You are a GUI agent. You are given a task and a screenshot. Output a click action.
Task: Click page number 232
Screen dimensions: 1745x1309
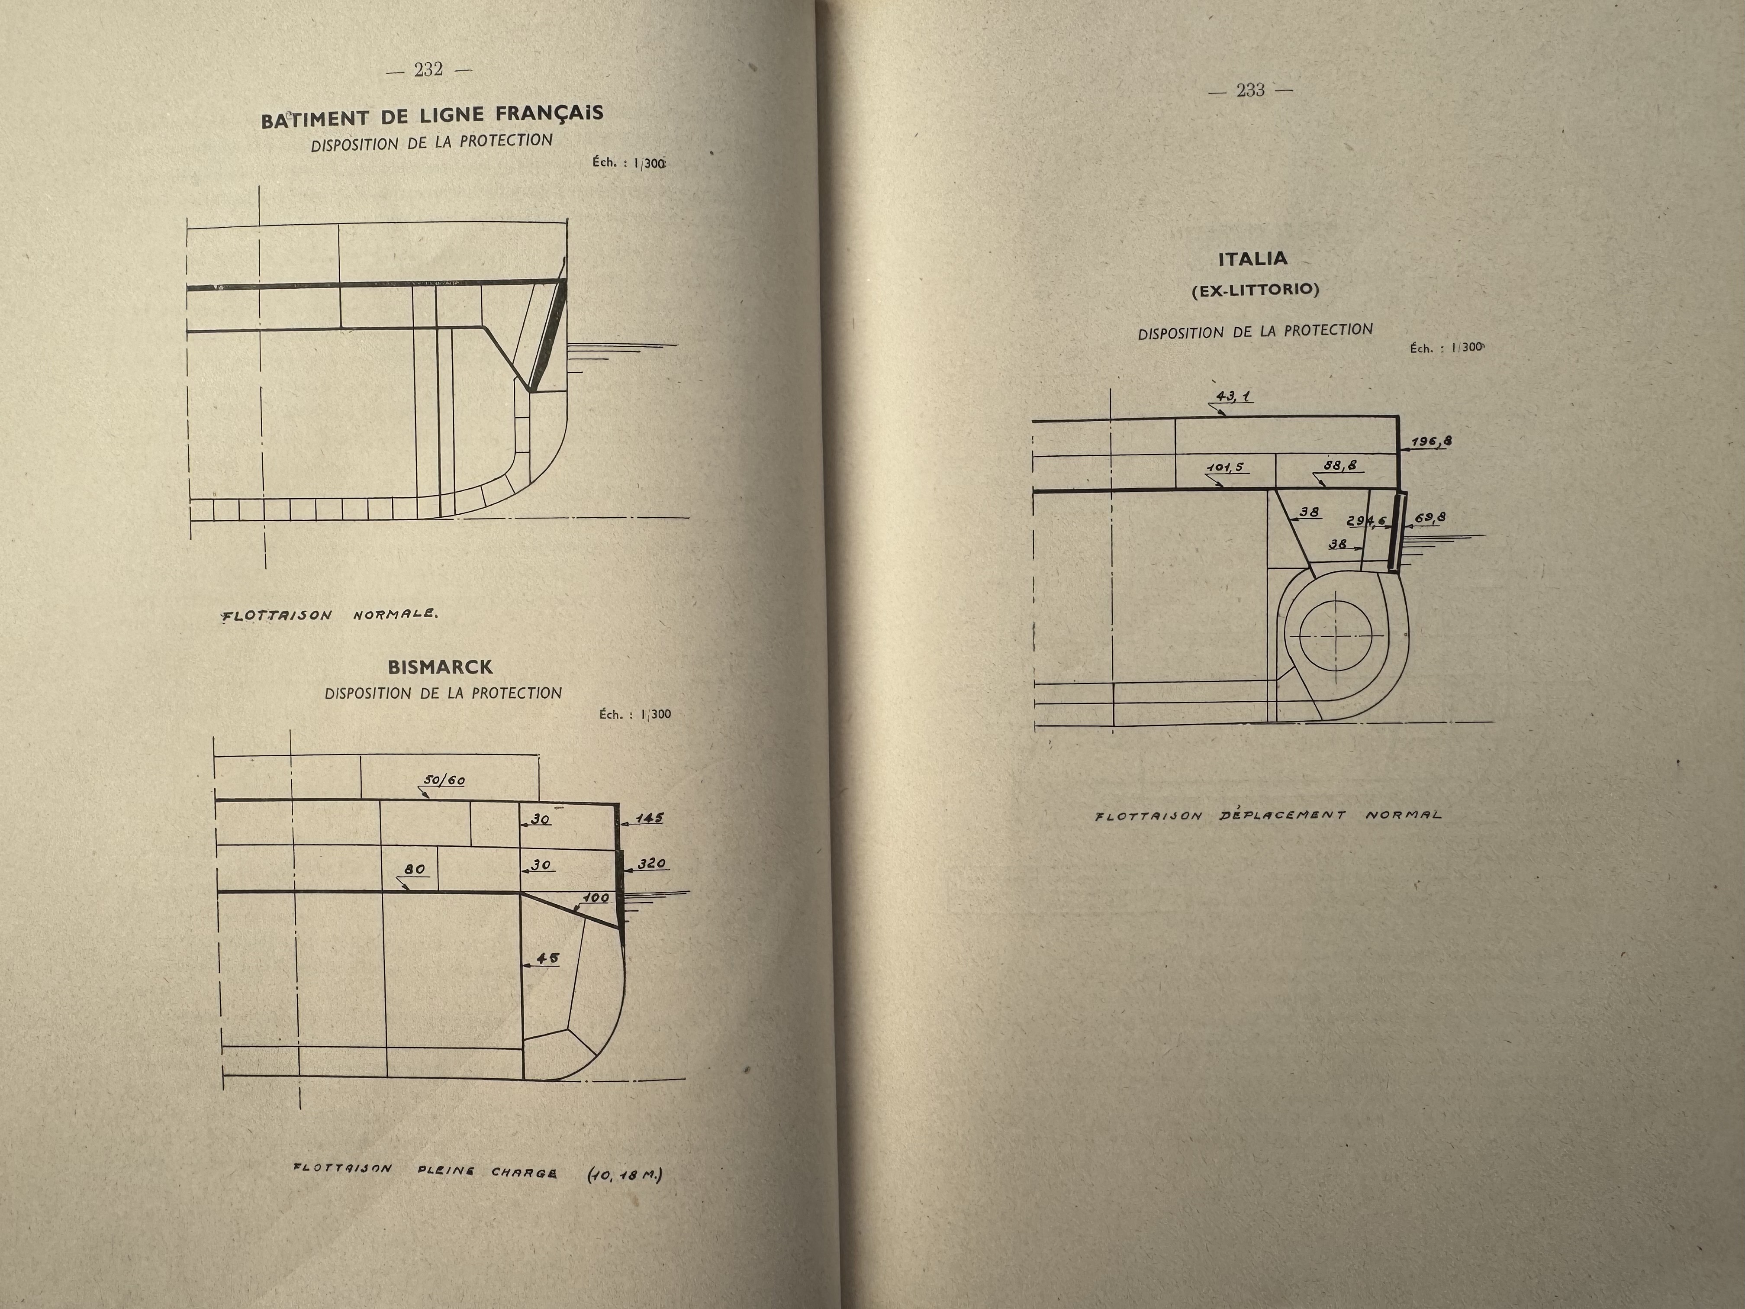coord(428,69)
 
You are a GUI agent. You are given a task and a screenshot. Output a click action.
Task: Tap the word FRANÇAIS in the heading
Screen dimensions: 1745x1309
coord(549,113)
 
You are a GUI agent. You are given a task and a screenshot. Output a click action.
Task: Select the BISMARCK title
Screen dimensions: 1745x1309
coord(440,667)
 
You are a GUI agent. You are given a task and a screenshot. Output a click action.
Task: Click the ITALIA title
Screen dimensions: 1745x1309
coord(1253,259)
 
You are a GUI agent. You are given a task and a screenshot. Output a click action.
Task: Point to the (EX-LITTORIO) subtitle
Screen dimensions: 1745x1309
coord(1255,290)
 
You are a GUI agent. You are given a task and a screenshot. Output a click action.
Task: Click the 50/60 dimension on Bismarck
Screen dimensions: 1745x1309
coord(445,780)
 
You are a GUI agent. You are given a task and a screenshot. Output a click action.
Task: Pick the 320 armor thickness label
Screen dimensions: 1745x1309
coord(652,864)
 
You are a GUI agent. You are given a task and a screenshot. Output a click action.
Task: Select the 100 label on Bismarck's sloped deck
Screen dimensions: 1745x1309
coord(596,898)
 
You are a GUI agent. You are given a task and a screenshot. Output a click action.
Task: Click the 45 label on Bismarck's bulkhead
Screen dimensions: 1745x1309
coord(547,958)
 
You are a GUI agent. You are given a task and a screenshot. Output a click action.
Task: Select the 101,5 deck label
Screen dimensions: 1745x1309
coord(1224,467)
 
